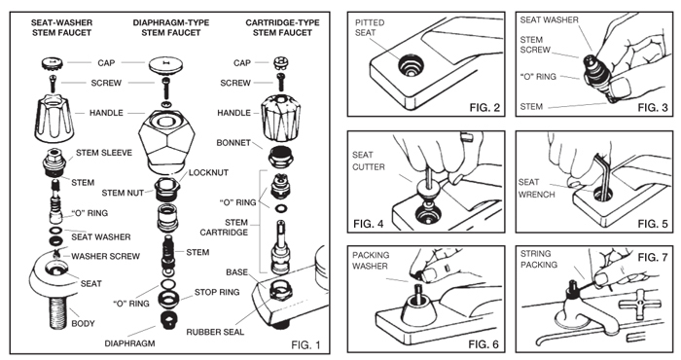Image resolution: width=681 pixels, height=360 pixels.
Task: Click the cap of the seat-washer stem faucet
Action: [x=53, y=63]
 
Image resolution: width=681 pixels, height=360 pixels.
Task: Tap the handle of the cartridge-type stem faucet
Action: [x=280, y=116]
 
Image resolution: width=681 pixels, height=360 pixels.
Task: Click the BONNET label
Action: [x=233, y=142]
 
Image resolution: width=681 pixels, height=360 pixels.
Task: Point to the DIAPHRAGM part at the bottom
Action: [x=170, y=321]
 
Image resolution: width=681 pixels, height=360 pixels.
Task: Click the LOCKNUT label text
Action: [x=208, y=172]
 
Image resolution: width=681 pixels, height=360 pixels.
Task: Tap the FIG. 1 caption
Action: [x=305, y=344]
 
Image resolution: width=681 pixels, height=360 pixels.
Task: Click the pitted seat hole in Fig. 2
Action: [x=411, y=66]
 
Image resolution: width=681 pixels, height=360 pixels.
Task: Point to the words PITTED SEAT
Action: [x=370, y=27]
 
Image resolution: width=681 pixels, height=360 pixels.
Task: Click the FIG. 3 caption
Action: [x=653, y=107]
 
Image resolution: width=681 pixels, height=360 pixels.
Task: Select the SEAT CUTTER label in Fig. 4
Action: [x=369, y=161]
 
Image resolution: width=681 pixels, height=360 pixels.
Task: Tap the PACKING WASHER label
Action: [x=371, y=261]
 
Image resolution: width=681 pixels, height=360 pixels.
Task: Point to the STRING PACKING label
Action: [x=539, y=259]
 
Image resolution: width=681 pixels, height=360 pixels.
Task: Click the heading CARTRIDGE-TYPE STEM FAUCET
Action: [x=282, y=27]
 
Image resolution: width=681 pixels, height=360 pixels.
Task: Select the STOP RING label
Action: [x=217, y=292]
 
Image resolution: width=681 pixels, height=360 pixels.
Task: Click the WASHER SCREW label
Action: [x=105, y=256]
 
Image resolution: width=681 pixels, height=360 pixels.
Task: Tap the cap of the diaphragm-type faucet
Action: [x=164, y=65]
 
